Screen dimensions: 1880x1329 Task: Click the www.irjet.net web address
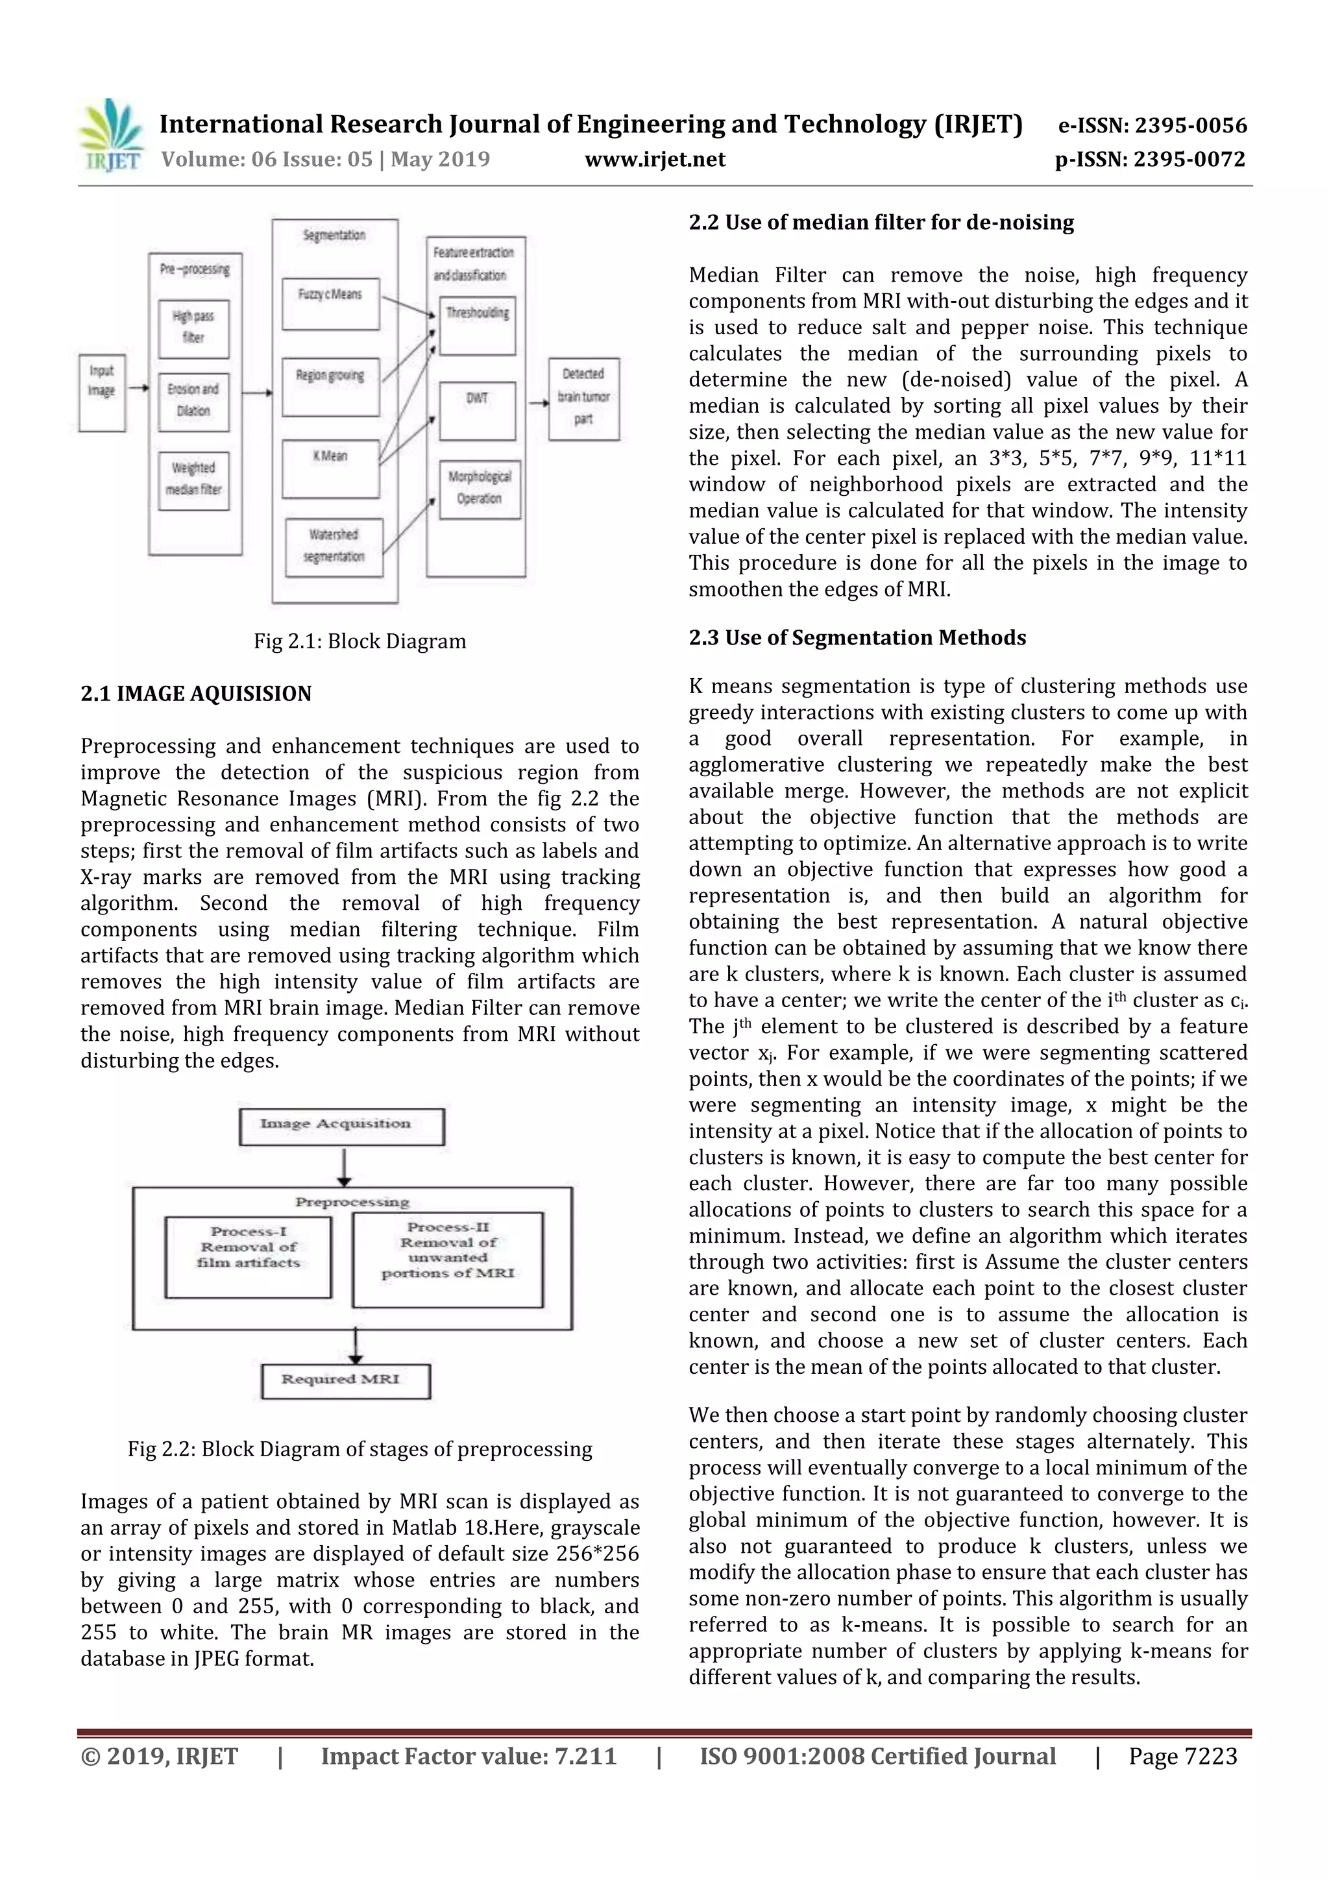[x=654, y=160]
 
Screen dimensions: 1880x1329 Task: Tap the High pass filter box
[x=193, y=328]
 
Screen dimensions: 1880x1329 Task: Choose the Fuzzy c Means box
[x=330, y=304]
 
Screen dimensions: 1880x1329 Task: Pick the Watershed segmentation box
[x=334, y=546]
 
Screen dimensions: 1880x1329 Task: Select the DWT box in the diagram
[x=478, y=410]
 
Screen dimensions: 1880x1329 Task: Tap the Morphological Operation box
[x=479, y=489]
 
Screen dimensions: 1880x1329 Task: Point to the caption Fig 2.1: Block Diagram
[x=360, y=641]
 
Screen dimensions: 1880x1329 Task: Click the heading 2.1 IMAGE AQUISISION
[x=196, y=694]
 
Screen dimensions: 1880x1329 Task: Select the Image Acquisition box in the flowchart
[x=341, y=1126]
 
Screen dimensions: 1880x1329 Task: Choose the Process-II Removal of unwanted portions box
[x=447, y=1258]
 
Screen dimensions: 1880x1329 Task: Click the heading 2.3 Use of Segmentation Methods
[x=857, y=638]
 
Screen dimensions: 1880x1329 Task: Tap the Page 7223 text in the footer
[x=1182, y=1755]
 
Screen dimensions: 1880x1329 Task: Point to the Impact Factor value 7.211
[x=469, y=1755]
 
